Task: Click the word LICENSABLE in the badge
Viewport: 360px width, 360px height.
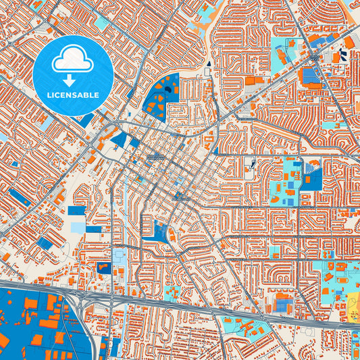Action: click(73, 95)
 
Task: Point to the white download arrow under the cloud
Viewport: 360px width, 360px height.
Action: click(73, 80)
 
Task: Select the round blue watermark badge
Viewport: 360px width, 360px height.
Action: click(73, 75)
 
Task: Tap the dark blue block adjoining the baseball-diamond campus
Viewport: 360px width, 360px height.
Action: click(313, 180)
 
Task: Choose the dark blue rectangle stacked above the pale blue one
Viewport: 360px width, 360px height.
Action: click(77, 211)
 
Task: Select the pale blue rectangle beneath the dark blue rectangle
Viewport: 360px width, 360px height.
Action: click(78, 228)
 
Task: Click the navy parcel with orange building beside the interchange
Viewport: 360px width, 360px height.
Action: click(104, 267)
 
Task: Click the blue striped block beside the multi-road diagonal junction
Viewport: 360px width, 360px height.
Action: click(310, 75)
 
